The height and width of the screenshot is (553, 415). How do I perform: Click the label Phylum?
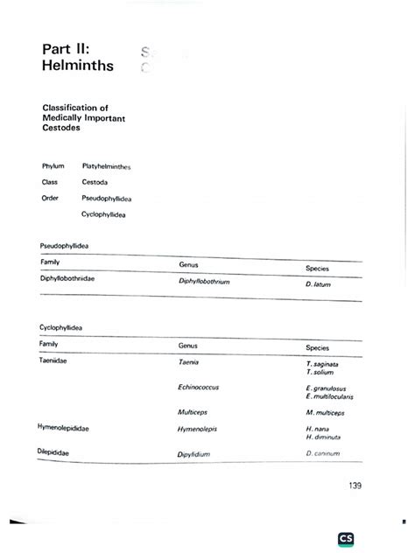[x=53, y=164]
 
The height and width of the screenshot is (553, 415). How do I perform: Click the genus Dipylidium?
[x=196, y=454]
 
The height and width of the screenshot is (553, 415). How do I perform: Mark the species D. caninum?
[x=321, y=453]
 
